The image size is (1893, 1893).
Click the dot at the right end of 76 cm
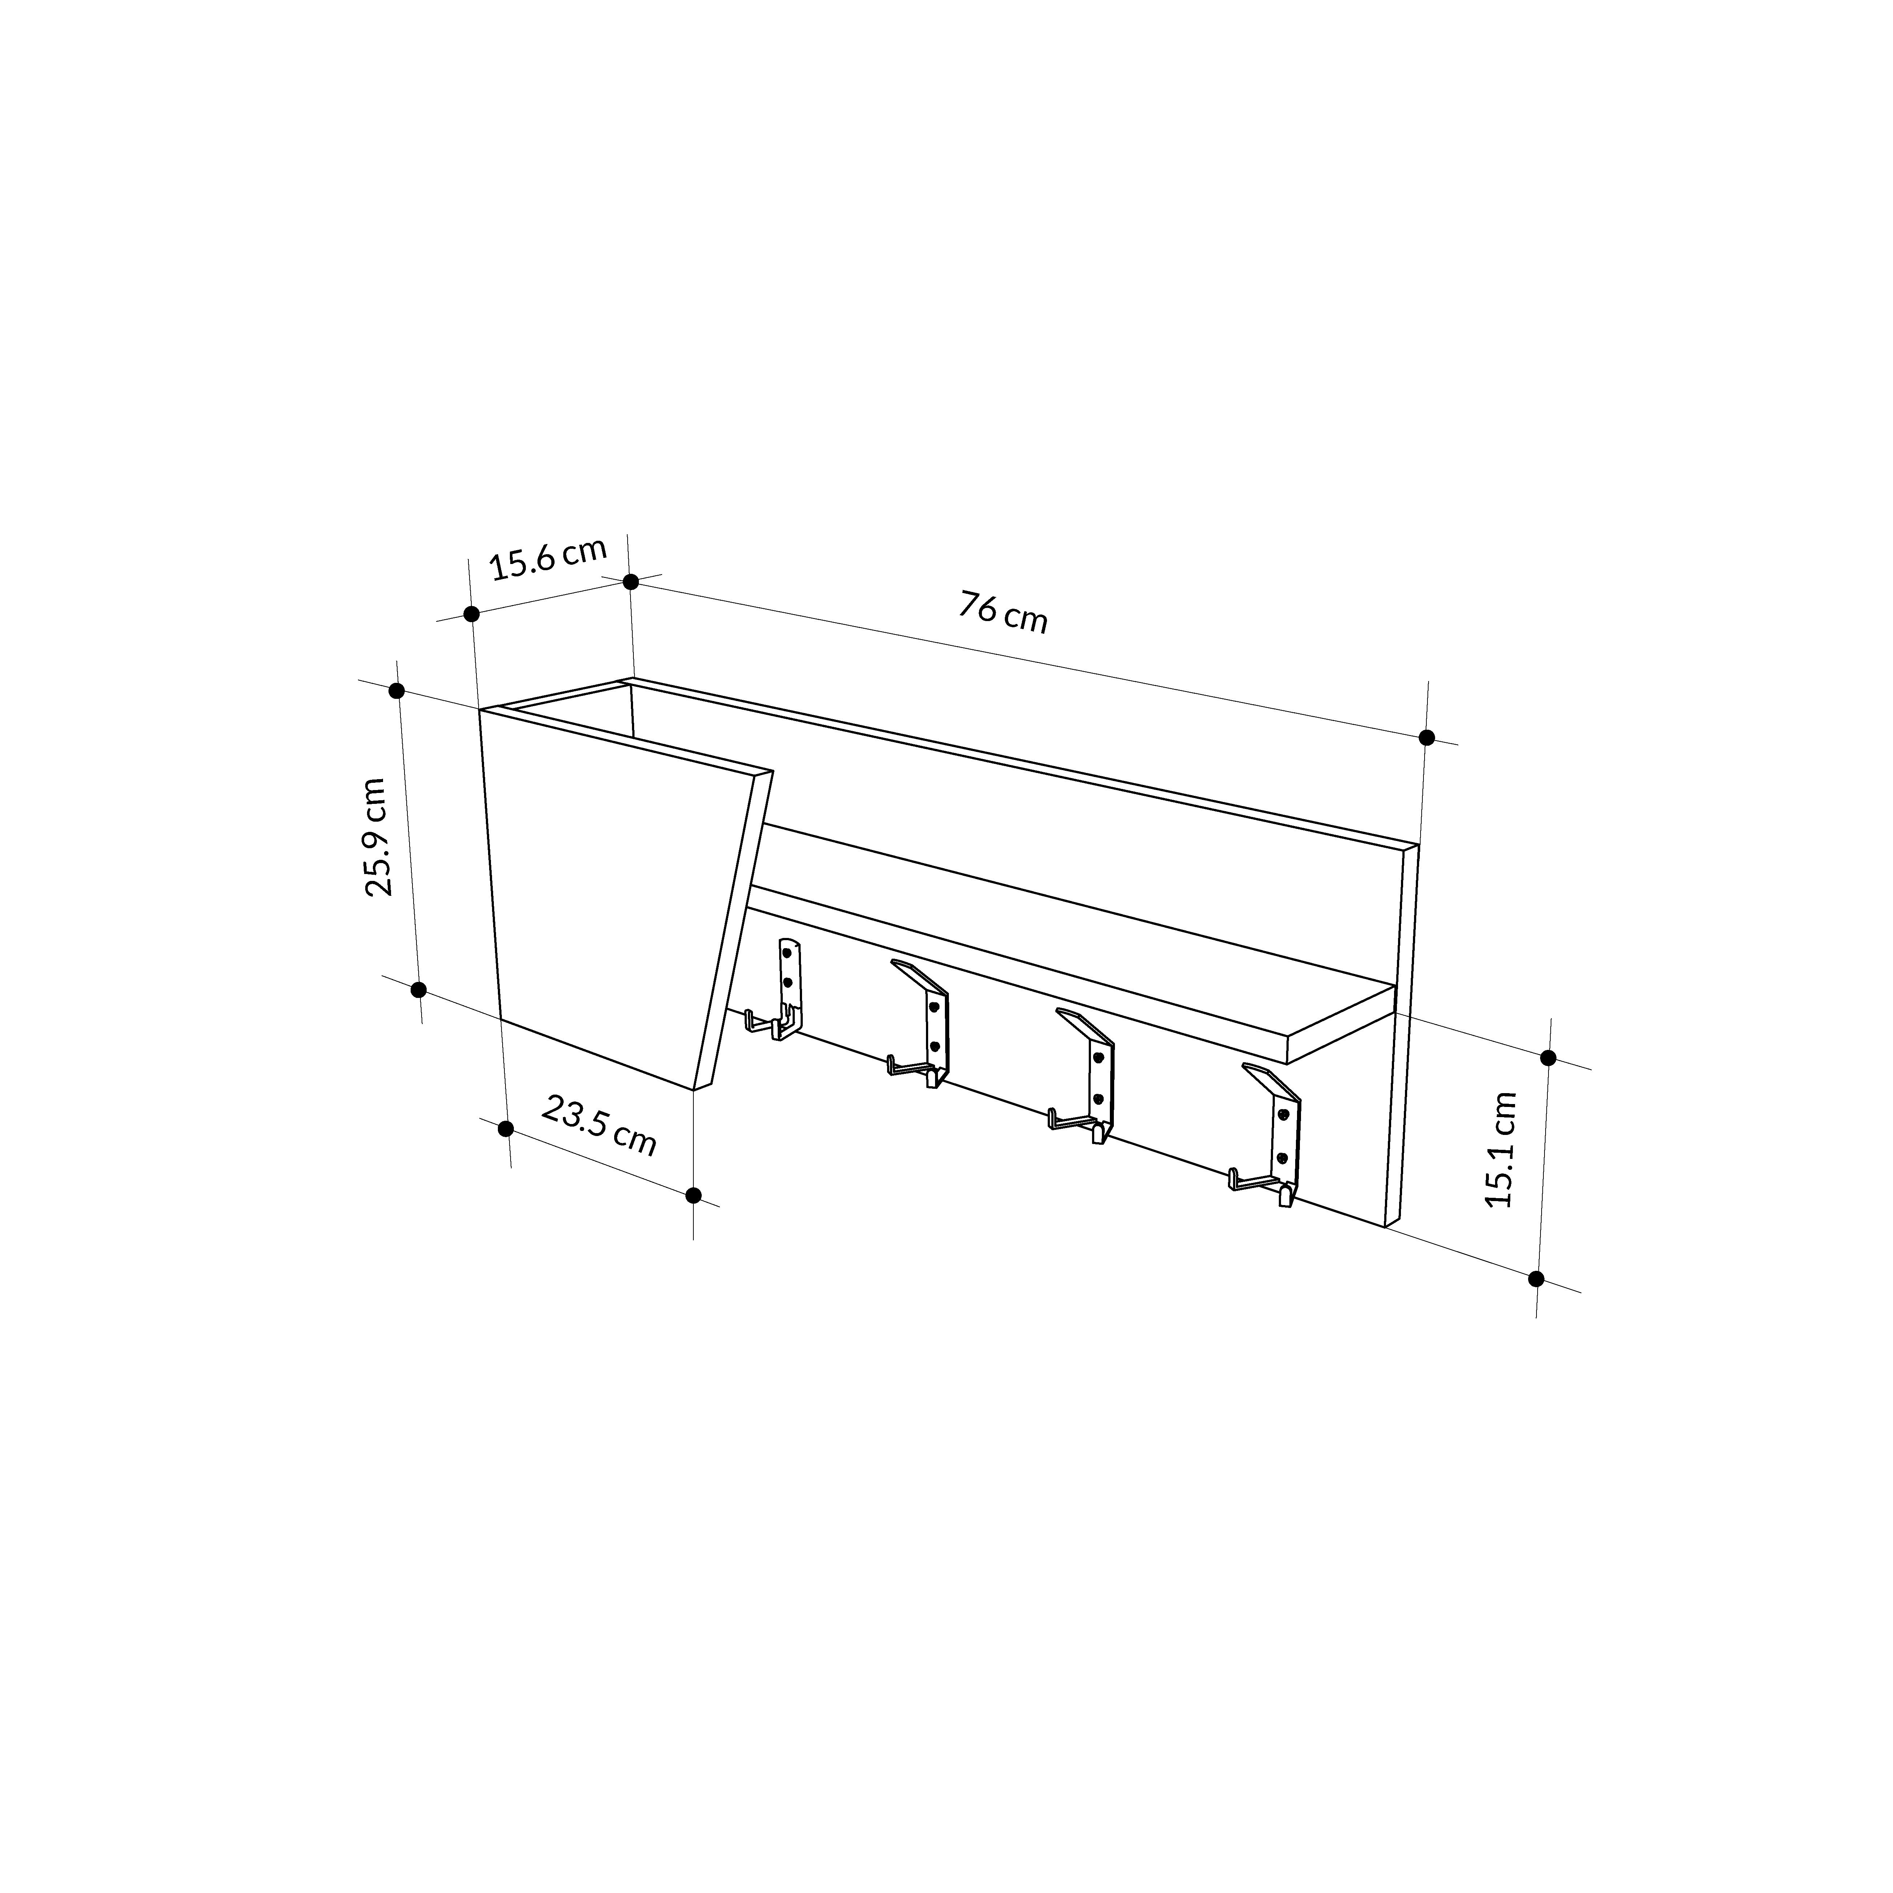1427,737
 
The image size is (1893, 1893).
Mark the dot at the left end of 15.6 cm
471,614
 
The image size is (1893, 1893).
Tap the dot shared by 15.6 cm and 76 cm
631,582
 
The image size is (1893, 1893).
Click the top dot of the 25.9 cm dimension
397,691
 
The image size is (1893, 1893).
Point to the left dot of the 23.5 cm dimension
506,1129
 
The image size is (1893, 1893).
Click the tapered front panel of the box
617,901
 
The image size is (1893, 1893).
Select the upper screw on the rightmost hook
1282,1114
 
